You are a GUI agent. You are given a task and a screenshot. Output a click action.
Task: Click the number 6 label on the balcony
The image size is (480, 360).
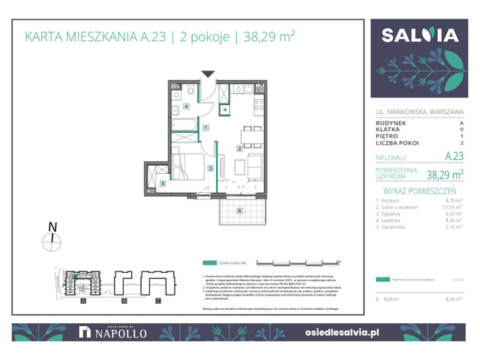point(239,211)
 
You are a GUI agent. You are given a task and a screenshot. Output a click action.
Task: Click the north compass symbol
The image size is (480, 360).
point(52,241)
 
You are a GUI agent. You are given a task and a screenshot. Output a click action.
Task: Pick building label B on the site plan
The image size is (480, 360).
point(121,301)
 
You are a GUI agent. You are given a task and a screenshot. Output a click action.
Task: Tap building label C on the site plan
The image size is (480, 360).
point(157,301)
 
